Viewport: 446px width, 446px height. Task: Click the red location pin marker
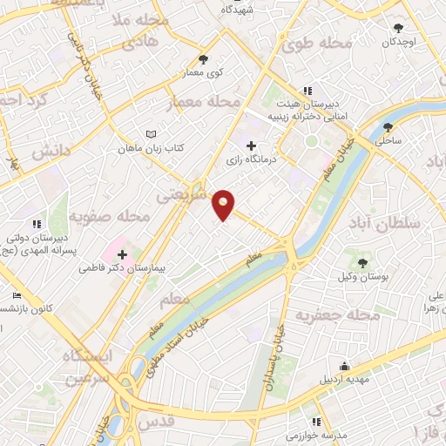224,205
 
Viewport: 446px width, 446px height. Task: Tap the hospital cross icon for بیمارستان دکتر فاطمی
122,255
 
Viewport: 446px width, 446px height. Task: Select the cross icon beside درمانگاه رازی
252,145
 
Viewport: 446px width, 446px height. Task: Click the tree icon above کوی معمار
203,59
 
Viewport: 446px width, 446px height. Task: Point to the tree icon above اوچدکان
399,28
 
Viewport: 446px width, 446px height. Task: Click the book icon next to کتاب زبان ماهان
153,133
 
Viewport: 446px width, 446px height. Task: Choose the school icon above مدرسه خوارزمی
304,421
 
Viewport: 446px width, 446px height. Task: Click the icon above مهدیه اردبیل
345,366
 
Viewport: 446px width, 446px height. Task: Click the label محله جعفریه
328,314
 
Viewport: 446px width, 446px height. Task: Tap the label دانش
51,152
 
